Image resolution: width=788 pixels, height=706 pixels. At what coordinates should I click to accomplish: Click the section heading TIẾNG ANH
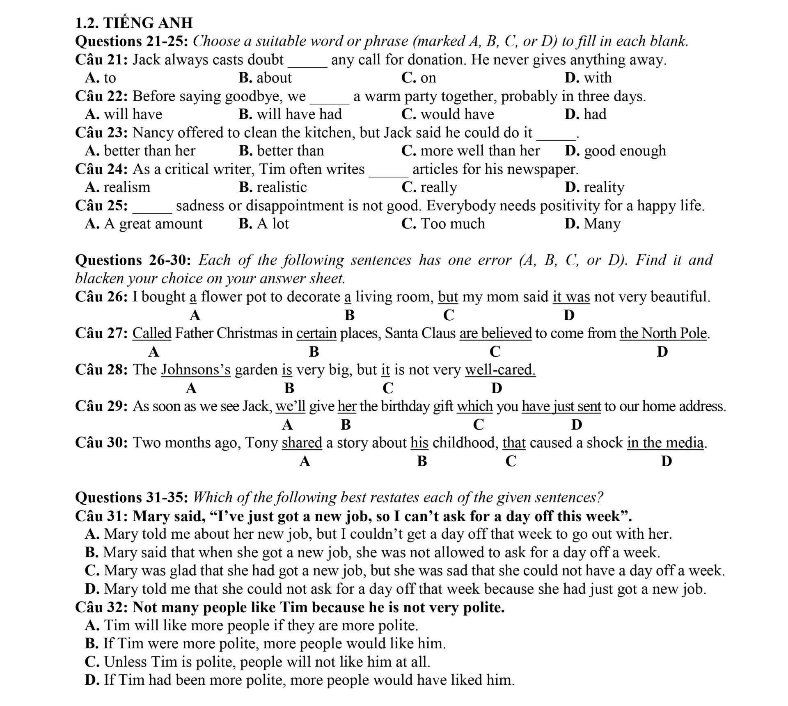point(148,23)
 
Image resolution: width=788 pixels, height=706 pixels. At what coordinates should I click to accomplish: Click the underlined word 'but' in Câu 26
point(448,296)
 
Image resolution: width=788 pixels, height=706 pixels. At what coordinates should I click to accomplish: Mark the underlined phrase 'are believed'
point(495,333)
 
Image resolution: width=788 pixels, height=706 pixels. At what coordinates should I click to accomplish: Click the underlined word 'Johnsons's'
point(196,369)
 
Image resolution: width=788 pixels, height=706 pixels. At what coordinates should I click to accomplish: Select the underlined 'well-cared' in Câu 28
point(500,369)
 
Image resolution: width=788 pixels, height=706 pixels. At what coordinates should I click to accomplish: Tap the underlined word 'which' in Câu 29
point(474,406)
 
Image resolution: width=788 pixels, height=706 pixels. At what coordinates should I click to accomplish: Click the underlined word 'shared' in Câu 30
point(302,443)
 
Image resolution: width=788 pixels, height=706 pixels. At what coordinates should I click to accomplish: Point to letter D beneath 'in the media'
point(667,461)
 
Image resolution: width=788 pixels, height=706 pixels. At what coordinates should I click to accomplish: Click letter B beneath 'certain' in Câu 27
point(314,352)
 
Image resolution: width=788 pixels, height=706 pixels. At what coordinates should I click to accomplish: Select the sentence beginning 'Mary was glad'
point(404,570)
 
